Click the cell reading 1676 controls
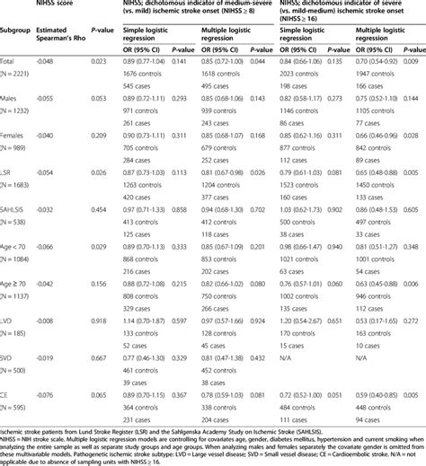point(143,73)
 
